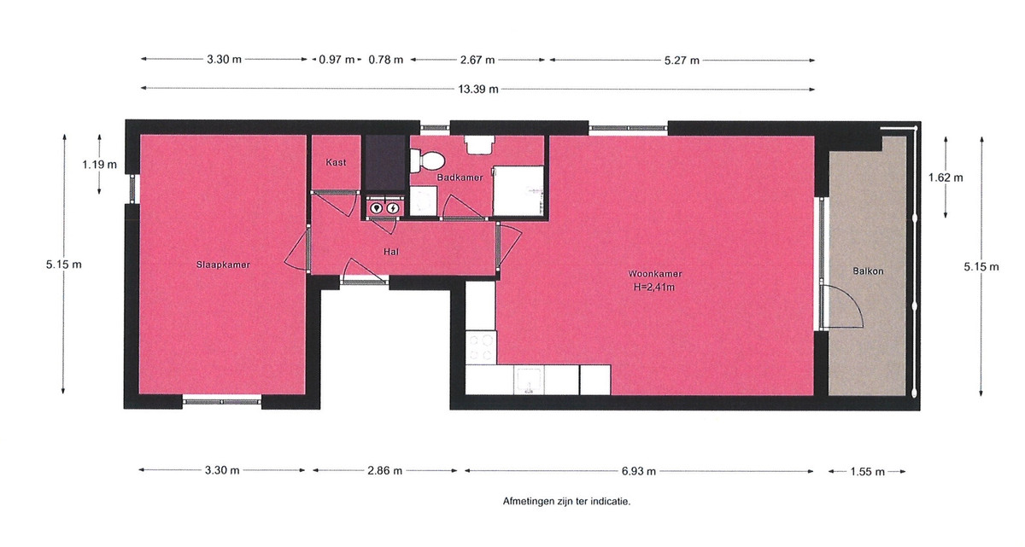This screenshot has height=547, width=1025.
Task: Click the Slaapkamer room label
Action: [223, 265]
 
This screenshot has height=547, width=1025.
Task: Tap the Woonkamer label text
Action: [655, 274]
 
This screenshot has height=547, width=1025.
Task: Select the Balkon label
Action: [868, 271]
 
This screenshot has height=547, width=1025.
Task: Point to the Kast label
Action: [336, 162]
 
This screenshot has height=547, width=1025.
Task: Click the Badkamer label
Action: [460, 177]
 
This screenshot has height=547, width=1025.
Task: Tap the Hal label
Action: [391, 252]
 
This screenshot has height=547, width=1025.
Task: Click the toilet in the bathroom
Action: [427, 161]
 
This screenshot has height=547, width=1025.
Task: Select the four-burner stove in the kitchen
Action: [481, 348]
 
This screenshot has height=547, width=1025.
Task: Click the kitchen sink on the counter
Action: [529, 381]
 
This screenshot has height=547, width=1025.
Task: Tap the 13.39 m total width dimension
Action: [478, 89]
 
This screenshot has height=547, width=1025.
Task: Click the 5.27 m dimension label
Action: [682, 61]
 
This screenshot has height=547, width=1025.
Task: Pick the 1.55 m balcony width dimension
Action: [867, 472]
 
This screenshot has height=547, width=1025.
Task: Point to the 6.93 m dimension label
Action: [638, 471]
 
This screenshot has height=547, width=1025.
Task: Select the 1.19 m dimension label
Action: [99, 165]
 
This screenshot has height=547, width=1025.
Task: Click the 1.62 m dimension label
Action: [946, 177]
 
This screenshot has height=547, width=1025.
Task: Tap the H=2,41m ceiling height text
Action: [654, 287]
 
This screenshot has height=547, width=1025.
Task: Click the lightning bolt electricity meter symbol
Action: [393, 208]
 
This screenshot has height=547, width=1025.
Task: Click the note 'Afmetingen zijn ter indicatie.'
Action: [566, 501]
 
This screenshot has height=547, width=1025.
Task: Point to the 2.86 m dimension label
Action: [385, 471]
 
